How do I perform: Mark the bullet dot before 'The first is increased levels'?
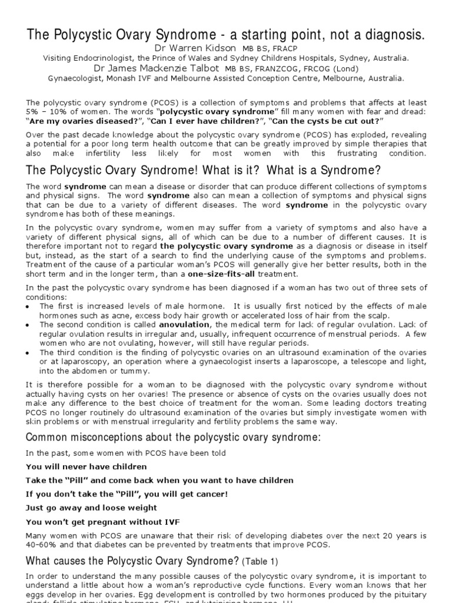coord(29,307)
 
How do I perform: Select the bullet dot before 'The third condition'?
coord(29,352)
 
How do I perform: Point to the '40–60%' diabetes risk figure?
coord(42,545)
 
